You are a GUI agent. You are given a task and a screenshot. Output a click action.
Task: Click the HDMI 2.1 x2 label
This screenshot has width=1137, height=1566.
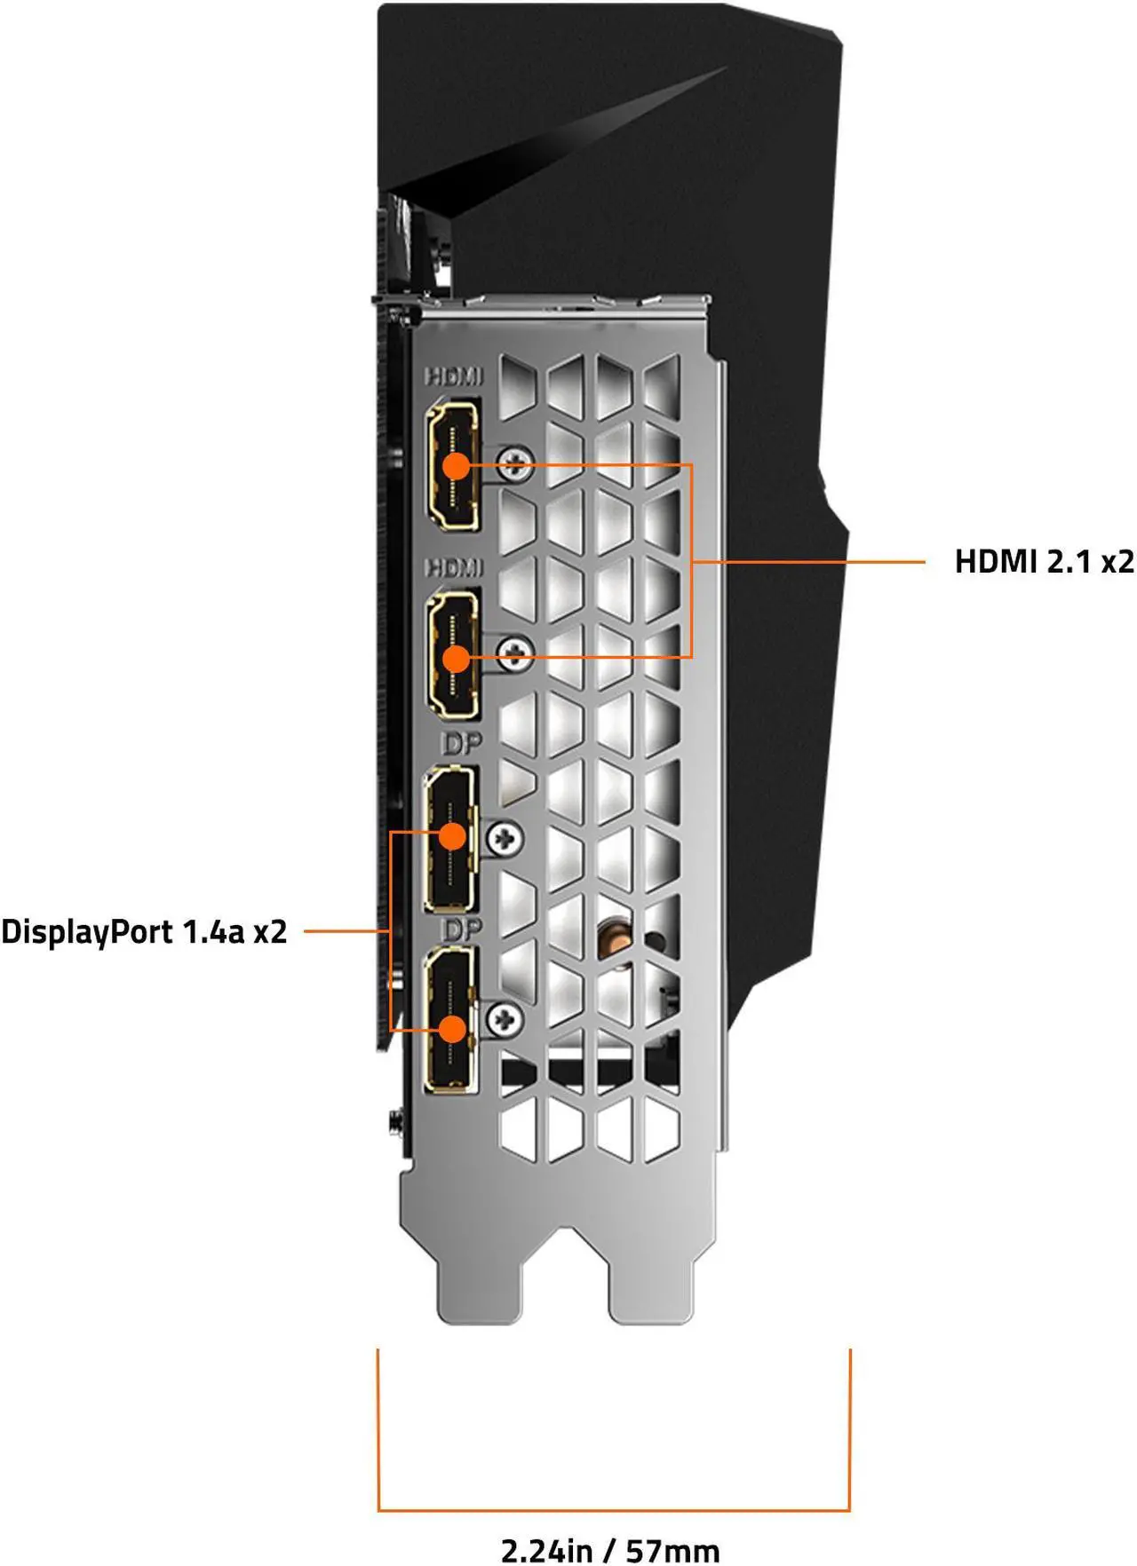[1044, 561]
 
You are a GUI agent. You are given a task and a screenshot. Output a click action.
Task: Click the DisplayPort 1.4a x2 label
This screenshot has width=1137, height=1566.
[144, 931]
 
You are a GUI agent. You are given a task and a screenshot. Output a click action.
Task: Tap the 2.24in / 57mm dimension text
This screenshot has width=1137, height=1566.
[610, 1550]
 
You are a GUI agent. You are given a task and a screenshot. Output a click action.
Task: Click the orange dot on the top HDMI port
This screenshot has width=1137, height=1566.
[456, 465]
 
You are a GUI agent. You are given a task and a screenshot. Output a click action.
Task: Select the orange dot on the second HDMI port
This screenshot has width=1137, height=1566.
[456, 658]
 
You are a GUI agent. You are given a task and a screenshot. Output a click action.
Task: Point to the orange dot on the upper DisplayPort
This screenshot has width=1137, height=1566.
[453, 836]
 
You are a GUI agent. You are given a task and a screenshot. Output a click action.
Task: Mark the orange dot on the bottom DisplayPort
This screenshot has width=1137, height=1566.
[453, 1029]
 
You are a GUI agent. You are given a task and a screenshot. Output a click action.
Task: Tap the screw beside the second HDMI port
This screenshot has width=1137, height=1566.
[514, 654]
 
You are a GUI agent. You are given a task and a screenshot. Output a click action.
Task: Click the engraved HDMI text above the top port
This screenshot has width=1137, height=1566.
[454, 376]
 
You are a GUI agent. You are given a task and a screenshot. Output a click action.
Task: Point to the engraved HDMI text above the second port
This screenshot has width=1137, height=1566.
[454, 567]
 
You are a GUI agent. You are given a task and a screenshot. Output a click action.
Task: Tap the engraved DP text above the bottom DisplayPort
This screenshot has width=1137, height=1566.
[461, 929]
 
